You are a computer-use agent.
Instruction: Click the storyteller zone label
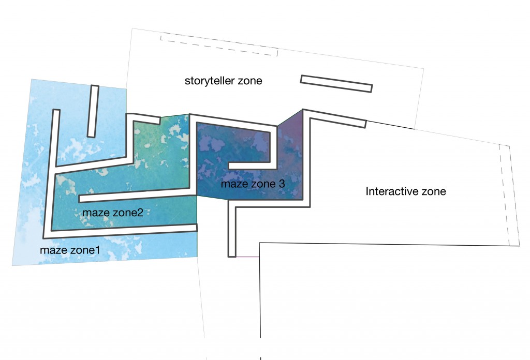(224, 81)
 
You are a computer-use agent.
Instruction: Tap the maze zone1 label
(70, 250)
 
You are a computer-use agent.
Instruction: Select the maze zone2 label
(113, 213)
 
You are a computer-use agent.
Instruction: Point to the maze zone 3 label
(253, 184)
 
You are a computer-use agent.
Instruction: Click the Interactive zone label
(405, 191)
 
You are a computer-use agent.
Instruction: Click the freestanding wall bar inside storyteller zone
(336, 84)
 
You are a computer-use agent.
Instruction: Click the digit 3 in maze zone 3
(282, 184)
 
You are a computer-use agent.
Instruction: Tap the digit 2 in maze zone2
(140, 213)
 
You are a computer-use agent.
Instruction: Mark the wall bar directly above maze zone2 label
(137, 196)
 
